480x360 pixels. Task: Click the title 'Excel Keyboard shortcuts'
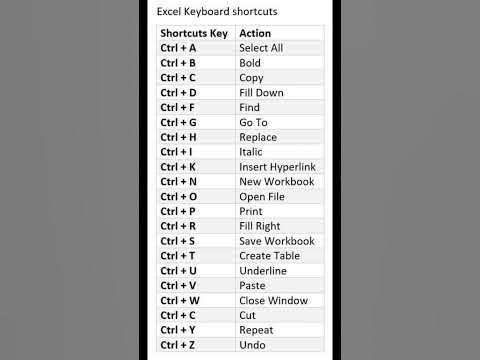(217, 12)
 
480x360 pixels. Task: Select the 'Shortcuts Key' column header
(194, 33)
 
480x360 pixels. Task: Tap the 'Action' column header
(255, 33)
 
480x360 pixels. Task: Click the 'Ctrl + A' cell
(178, 48)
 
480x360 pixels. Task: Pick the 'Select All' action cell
(261, 48)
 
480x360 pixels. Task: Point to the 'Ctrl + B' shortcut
(178, 63)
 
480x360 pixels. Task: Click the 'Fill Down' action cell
(261, 93)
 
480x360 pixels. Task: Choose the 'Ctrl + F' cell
(178, 107)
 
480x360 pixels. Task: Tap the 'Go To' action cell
(253, 122)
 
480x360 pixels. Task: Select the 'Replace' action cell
(258, 137)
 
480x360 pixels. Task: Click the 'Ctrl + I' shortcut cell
(176, 152)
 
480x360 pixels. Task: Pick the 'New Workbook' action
(276, 182)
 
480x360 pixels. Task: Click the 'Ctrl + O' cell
(179, 197)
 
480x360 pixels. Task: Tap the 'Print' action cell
(251, 212)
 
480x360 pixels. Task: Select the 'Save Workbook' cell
(276, 241)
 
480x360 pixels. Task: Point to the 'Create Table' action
(269, 256)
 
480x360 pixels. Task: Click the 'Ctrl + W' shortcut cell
(180, 300)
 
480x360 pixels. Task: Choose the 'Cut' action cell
(247, 315)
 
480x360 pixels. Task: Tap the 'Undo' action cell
(252, 345)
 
